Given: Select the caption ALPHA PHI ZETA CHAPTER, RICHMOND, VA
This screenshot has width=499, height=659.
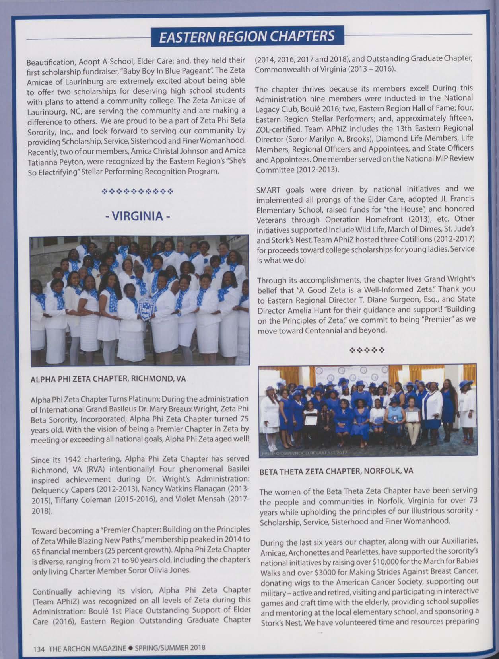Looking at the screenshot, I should tap(108, 379).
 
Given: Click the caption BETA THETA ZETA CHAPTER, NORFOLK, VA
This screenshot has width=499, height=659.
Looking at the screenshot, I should tap(336, 471).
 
